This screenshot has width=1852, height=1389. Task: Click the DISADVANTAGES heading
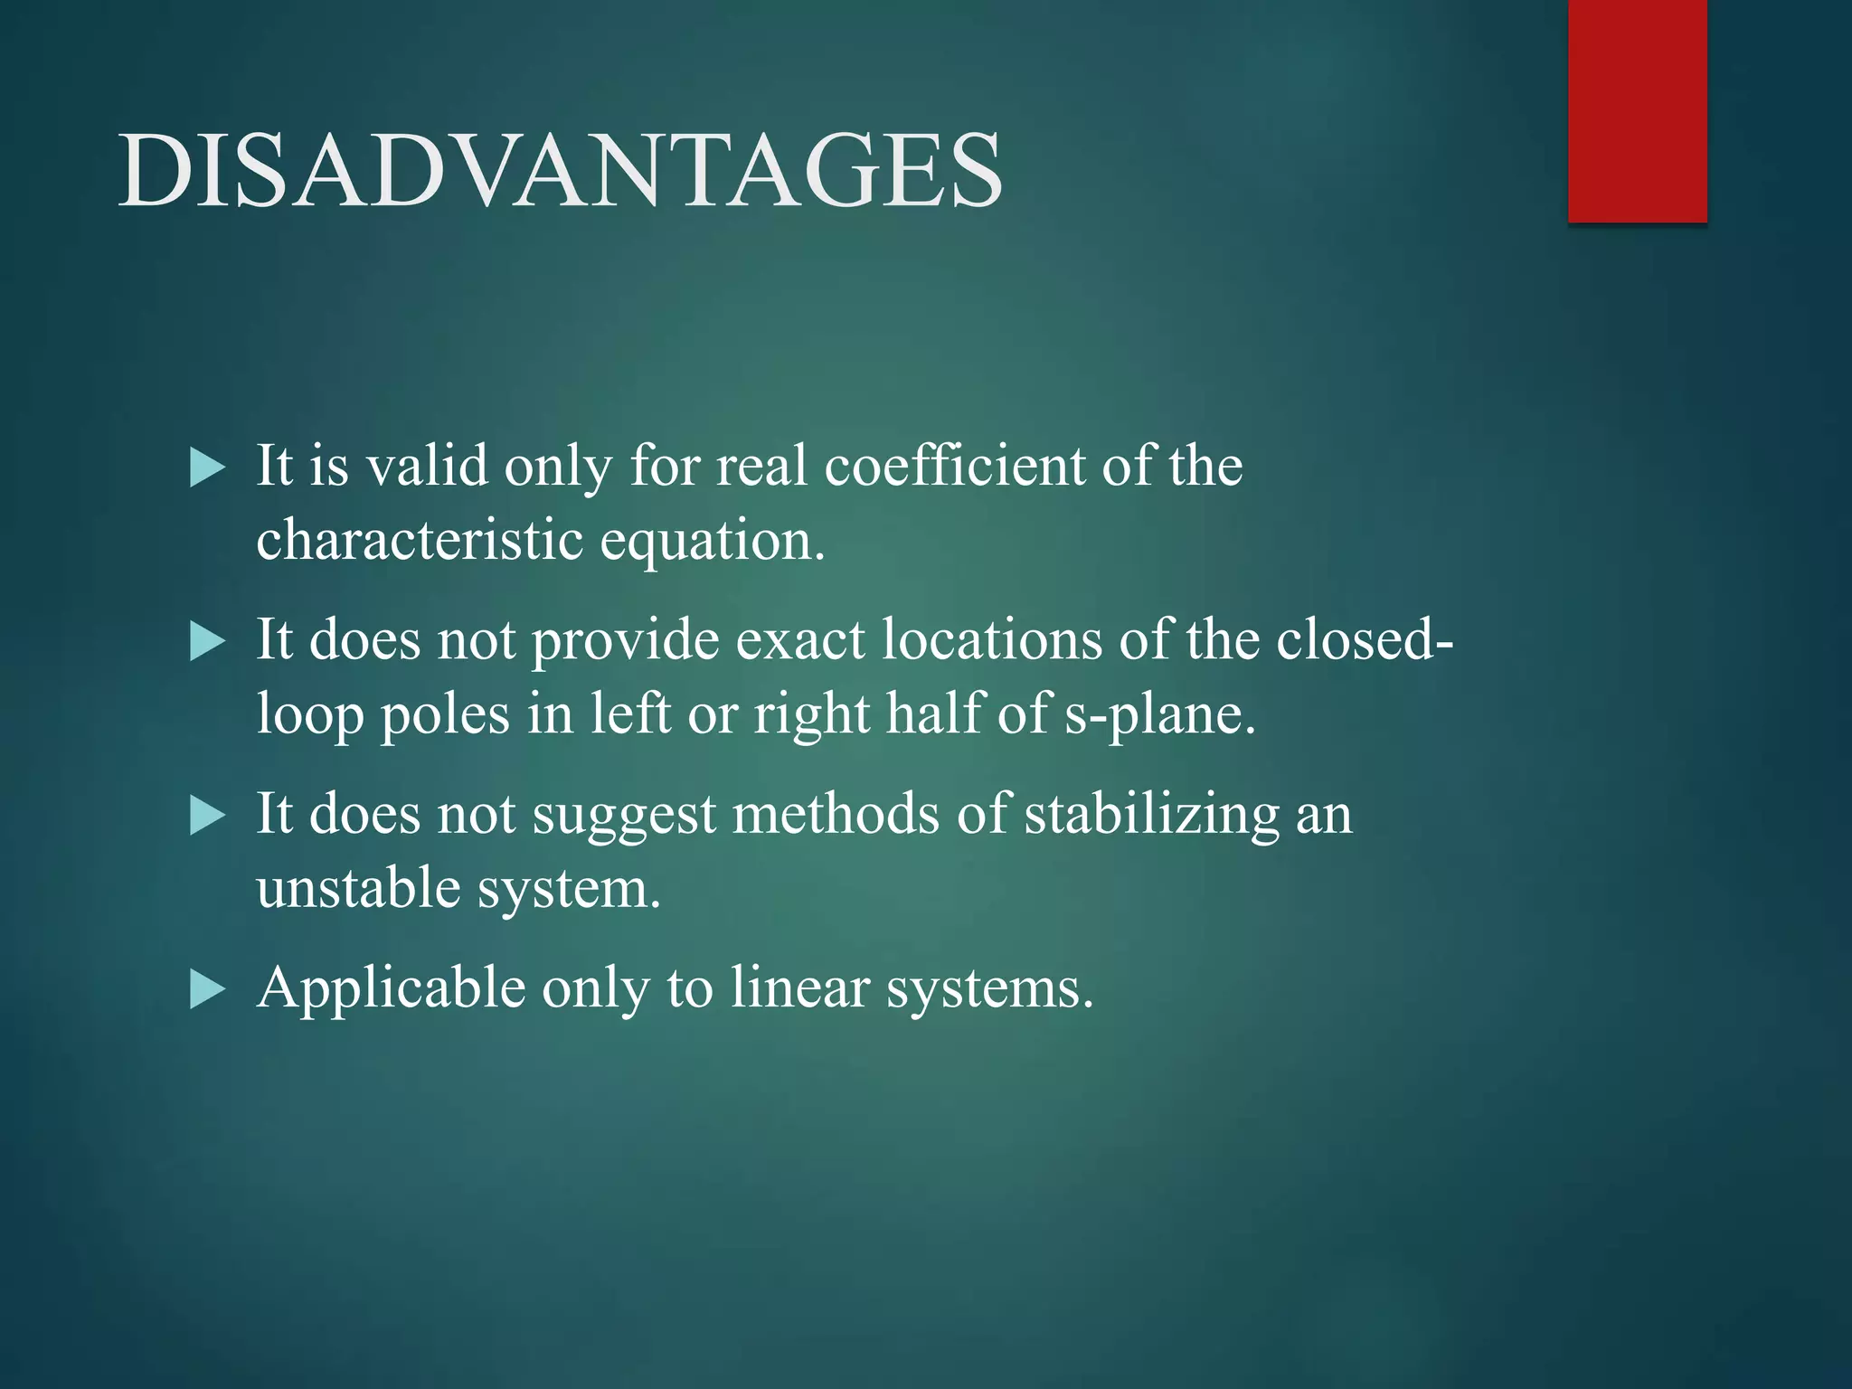[x=561, y=170]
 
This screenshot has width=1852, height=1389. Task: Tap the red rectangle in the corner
[x=1637, y=110]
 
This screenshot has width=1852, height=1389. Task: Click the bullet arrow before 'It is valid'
[x=207, y=469]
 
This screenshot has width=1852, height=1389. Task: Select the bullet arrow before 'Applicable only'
[x=207, y=990]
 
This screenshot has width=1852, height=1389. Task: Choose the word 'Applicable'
[x=391, y=987]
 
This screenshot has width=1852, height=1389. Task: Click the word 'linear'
[x=799, y=987]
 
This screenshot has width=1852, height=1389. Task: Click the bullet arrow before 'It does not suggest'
[x=207, y=817]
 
